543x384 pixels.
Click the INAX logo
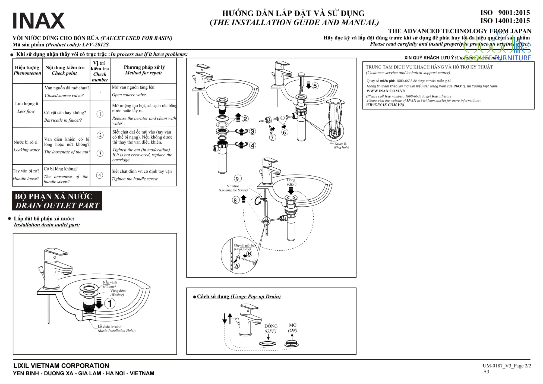point(39,21)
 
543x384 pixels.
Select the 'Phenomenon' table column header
point(27,70)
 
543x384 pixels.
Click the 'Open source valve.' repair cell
point(129,95)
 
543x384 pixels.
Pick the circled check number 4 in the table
point(100,175)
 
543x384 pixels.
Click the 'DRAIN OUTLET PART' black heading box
point(57,201)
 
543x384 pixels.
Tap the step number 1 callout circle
point(110,303)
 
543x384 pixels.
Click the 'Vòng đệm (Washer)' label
point(118,292)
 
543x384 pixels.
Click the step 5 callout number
point(315,86)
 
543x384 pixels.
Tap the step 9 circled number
point(238,179)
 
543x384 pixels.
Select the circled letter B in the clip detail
point(249,253)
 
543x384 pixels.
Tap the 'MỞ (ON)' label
point(293,328)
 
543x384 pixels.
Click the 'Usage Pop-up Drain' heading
point(239,296)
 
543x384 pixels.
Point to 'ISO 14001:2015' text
point(505,21)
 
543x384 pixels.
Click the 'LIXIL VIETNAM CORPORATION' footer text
point(61,366)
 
